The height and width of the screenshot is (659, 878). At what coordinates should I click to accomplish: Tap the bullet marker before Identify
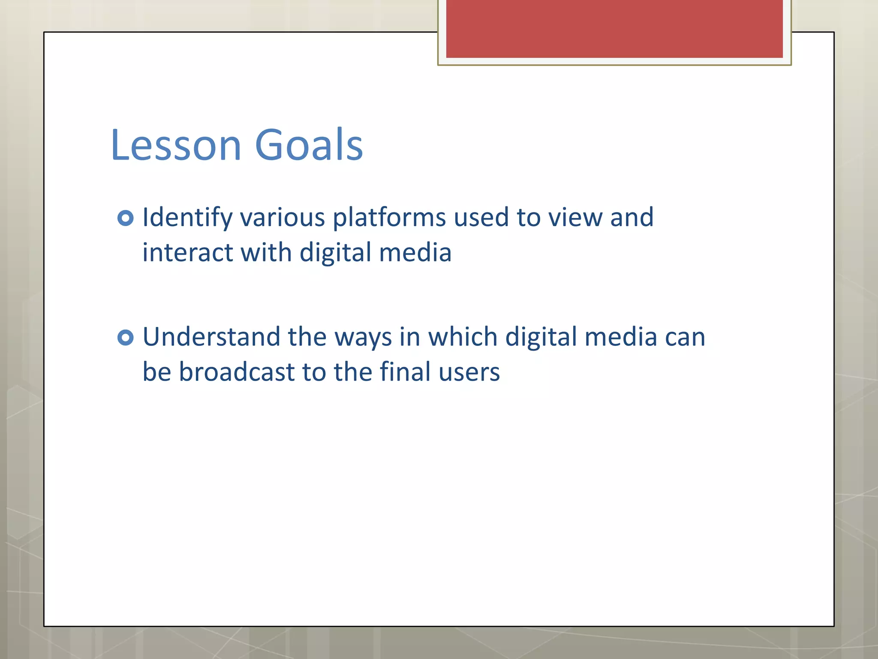click(125, 218)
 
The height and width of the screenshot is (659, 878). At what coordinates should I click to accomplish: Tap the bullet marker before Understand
click(125, 338)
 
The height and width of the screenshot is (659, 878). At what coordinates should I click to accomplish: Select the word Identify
click(187, 218)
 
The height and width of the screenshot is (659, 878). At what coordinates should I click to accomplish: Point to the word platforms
click(389, 218)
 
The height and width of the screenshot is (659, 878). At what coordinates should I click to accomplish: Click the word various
click(283, 218)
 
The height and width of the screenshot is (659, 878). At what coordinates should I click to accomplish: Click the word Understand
click(210, 337)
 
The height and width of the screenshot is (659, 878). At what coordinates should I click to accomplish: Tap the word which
click(463, 337)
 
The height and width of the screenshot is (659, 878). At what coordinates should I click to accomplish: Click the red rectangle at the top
click(614, 28)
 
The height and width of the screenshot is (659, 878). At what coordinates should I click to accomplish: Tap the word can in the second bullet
click(685, 338)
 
